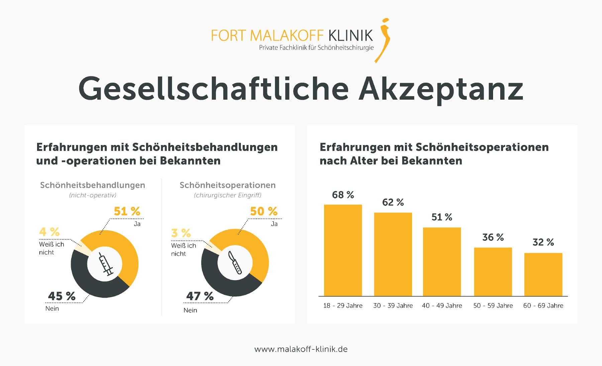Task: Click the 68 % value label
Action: [x=343, y=195]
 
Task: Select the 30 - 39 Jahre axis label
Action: [x=393, y=306]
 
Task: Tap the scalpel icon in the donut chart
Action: [x=235, y=263]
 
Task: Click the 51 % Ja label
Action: [x=127, y=212]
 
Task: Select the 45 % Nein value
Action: [x=62, y=296]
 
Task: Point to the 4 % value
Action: [x=49, y=232]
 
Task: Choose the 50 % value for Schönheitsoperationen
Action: [x=264, y=212]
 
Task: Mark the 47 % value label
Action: [x=200, y=296]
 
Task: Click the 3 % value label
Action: [x=181, y=233]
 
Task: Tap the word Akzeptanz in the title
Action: [x=440, y=89]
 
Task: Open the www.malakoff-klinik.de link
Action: [x=301, y=349]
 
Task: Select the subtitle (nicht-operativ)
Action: [x=93, y=195]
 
